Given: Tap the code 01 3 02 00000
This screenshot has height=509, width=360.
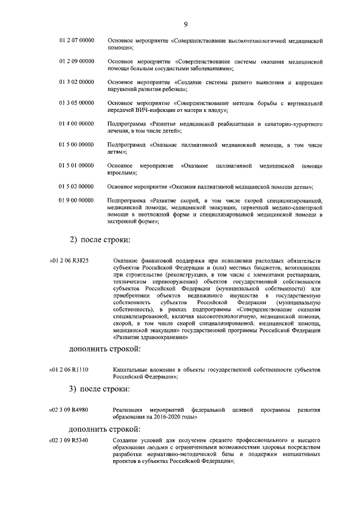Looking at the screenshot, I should click(x=76, y=83).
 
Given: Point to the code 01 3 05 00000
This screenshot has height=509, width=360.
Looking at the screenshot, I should click(x=76, y=103).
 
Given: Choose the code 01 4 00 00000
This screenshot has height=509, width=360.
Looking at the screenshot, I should click(x=76, y=123).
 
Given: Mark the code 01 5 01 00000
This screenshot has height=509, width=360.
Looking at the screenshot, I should click(x=76, y=166).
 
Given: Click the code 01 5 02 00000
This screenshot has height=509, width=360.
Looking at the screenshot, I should click(x=76, y=186).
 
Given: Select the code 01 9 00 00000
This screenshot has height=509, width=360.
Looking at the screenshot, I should click(x=76, y=200).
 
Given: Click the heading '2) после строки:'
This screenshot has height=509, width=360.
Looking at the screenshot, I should click(x=100, y=240).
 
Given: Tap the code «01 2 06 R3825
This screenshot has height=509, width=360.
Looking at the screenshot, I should click(x=73, y=261).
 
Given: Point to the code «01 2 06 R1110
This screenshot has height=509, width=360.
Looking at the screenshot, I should click(x=73, y=369).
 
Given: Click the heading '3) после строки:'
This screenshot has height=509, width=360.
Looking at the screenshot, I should click(x=100, y=389).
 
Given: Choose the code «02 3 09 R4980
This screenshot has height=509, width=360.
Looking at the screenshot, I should click(x=73, y=409).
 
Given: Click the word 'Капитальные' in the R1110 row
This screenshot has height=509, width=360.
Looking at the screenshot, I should click(x=129, y=369).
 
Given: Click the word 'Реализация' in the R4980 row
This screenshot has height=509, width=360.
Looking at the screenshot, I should click(x=127, y=409).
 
